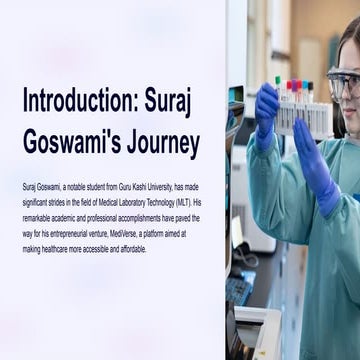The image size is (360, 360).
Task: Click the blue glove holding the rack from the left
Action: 268,112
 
